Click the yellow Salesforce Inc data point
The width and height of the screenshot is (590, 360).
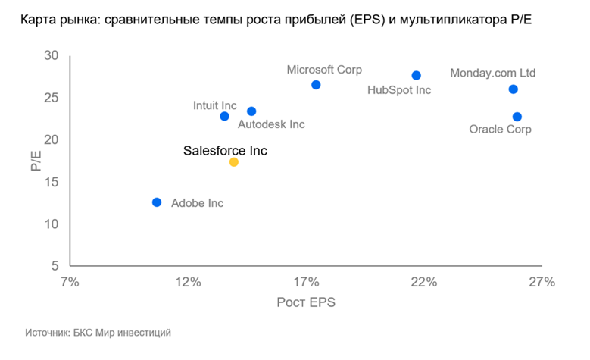point(233,162)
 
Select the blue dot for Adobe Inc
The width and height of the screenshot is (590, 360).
point(157,202)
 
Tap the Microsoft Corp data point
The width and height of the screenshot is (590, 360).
point(316,85)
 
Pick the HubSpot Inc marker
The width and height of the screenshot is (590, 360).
point(416,75)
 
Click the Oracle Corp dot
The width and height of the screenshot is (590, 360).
point(517,117)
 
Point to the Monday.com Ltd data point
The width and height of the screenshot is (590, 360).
point(513,89)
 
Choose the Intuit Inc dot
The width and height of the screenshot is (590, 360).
point(224,116)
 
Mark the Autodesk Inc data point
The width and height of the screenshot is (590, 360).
point(251,111)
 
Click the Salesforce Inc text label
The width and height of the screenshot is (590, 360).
point(225,151)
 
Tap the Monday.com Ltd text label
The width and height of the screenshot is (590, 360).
point(492,73)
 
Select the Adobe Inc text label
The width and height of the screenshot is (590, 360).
point(198,203)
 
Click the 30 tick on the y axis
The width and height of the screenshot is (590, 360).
point(52,55)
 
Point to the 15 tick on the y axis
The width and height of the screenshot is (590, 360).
point(52,182)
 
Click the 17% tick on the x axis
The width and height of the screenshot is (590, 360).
point(306,283)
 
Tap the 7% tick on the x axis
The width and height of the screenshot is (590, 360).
point(70,283)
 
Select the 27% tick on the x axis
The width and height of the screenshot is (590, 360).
point(542,283)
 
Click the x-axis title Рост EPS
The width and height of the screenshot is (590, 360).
point(306,302)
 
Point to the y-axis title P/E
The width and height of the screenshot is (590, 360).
point(36,161)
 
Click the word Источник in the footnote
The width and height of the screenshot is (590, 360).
point(47,332)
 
